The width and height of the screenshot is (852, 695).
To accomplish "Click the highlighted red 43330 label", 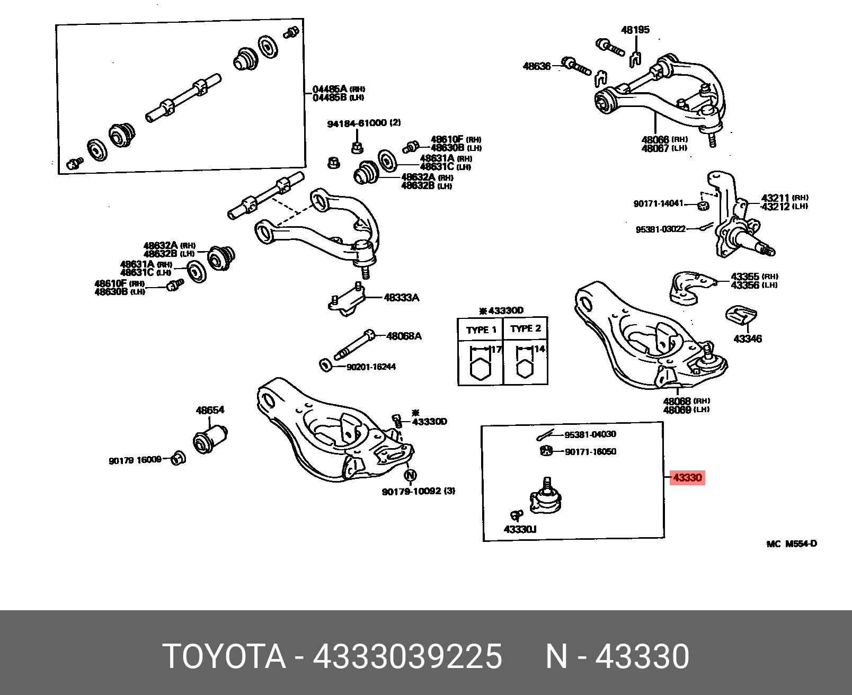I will (687, 478).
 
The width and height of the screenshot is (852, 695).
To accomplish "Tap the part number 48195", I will (635, 30).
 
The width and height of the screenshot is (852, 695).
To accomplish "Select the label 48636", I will (537, 66).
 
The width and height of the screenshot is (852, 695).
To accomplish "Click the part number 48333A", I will (401, 298).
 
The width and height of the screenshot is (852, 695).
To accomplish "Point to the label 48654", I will (210, 409).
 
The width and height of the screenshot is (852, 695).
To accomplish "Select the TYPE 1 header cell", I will (481, 329).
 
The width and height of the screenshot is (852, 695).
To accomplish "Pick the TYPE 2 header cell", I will (526, 328).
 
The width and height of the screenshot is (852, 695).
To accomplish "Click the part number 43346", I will (748, 338).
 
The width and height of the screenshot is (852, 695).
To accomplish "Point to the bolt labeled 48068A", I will (352, 344).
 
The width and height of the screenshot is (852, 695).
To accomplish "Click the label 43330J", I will (520, 529).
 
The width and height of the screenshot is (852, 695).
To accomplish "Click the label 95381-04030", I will (590, 434).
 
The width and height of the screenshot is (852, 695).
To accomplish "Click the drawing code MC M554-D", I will (791, 543).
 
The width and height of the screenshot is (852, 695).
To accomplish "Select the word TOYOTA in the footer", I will (225, 657).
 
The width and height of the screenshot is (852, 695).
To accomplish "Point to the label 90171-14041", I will (658, 203).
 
